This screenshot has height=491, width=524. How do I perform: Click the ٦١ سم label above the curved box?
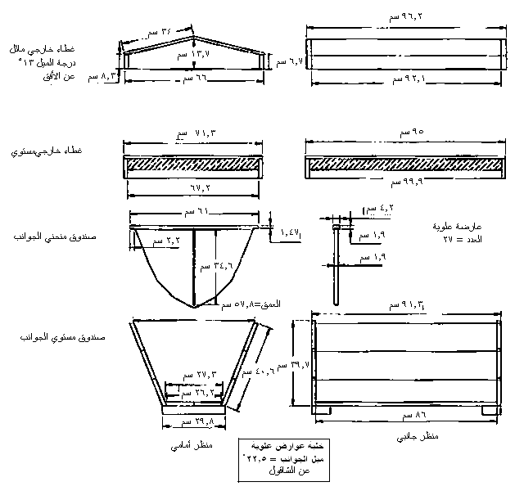[x=192, y=211]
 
